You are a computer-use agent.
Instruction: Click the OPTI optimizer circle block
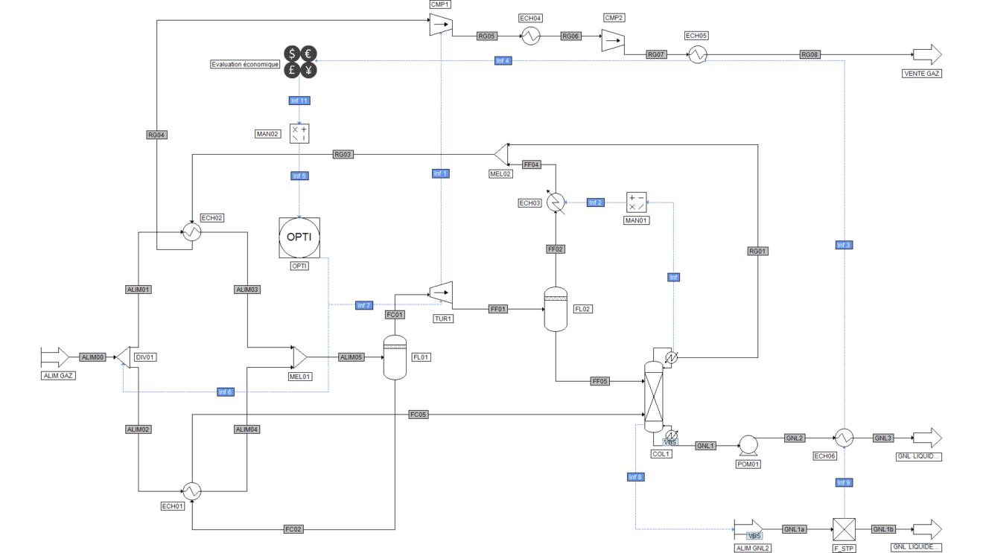tap(299, 237)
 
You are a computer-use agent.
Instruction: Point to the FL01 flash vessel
tap(394, 357)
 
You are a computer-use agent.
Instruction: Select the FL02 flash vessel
tap(556, 309)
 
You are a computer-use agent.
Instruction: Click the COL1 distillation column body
tap(653, 396)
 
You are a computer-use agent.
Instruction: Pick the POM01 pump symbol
tap(747, 445)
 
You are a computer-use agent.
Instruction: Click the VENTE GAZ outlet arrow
tap(926, 55)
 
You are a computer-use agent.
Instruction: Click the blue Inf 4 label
tap(503, 60)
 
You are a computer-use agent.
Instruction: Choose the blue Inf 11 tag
tap(299, 100)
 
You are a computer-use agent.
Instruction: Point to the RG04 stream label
tap(156, 135)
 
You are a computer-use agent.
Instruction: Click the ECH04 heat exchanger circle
tap(530, 36)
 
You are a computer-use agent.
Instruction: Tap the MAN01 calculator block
tap(636, 202)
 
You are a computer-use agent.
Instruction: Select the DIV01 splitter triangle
tap(124, 357)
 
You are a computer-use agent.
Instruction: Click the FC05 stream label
tap(418, 414)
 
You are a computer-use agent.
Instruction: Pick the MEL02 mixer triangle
tap(500, 153)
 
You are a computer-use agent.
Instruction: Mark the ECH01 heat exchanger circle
tap(192, 490)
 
